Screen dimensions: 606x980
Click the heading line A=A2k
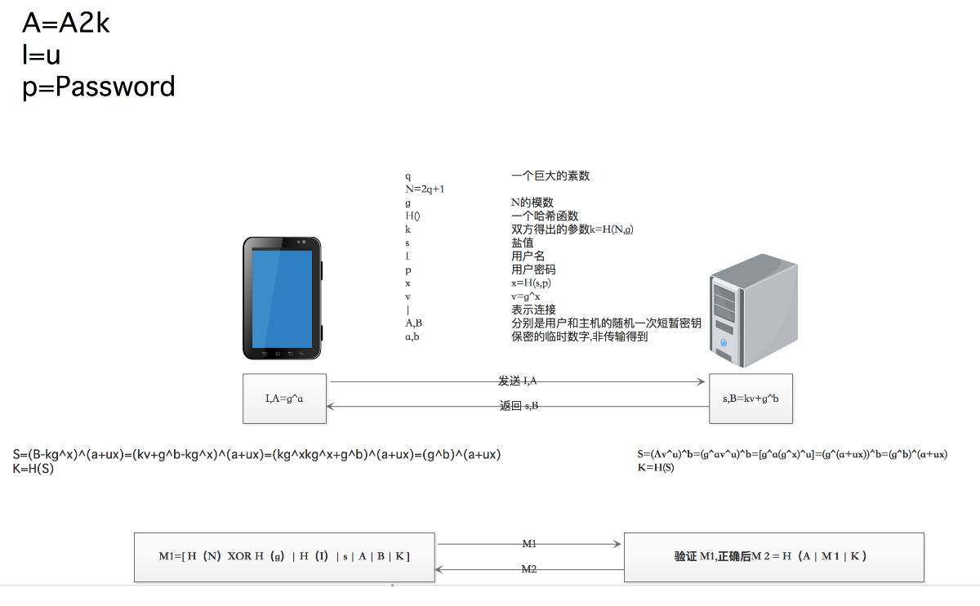point(65,24)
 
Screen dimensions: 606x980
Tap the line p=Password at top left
point(98,87)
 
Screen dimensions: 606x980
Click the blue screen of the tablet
point(282,298)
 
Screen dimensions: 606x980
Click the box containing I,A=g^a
point(284,399)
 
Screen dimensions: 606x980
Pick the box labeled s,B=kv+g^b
point(751,399)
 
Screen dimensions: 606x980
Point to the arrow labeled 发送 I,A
point(518,381)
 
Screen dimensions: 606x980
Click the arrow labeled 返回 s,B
point(518,406)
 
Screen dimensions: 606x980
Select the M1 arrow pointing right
point(529,544)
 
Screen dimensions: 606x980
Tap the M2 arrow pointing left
point(529,569)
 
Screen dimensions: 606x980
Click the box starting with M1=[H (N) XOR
point(284,557)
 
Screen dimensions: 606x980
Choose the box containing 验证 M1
point(773,557)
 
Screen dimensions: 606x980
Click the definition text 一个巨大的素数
point(550,176)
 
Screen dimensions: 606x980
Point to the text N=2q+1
point(425,189)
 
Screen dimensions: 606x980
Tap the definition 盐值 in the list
point(523,243)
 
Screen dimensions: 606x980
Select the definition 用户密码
point(534,270)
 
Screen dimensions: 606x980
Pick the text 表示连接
point(534,310)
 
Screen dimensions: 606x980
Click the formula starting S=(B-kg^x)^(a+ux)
point(256,454)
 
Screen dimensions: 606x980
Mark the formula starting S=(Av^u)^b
point(791,454)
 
